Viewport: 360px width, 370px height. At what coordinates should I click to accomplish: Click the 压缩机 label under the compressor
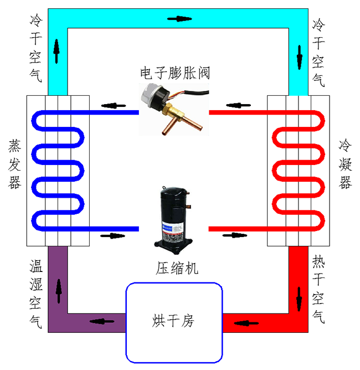coord(174,269)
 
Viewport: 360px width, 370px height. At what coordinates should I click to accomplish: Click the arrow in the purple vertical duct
coord(58,289)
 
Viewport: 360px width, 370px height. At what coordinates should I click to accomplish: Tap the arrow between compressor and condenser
coord(233,235)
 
